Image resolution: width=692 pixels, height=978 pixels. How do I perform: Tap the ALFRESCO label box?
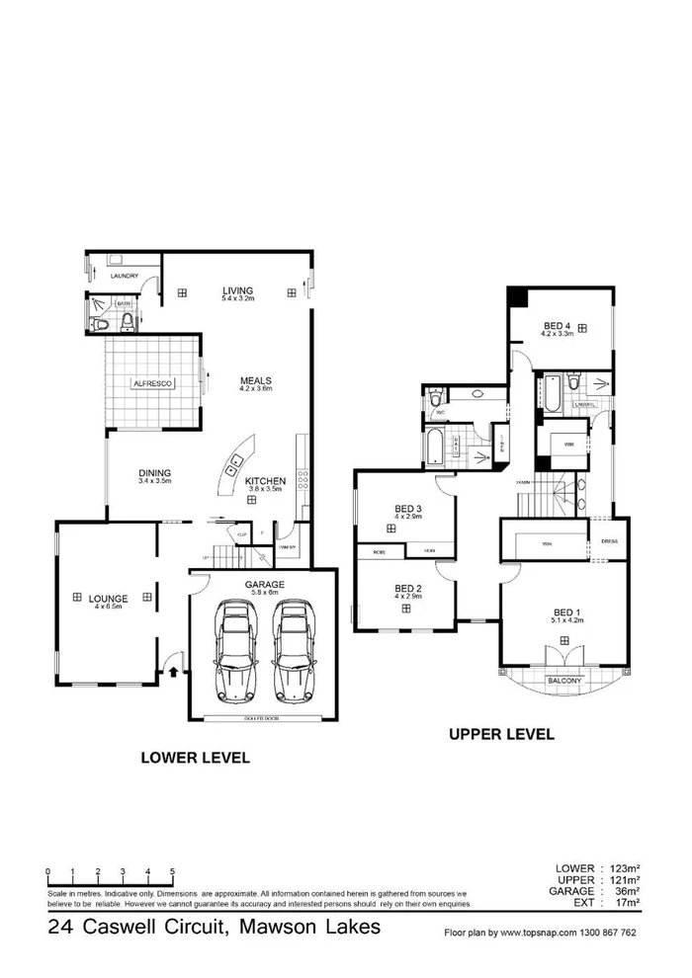point(153,382)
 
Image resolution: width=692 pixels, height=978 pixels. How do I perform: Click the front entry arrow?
point(174,673)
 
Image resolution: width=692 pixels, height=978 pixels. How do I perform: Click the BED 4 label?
point(557,326)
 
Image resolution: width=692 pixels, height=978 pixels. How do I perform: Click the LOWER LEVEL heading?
point(194,758)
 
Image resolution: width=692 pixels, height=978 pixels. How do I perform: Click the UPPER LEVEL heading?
point(501,734)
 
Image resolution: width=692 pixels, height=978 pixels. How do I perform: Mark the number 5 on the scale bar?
point(173,870)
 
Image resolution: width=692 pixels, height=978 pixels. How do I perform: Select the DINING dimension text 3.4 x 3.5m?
point(155,481)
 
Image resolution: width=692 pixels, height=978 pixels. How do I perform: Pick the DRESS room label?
point(609,540)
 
